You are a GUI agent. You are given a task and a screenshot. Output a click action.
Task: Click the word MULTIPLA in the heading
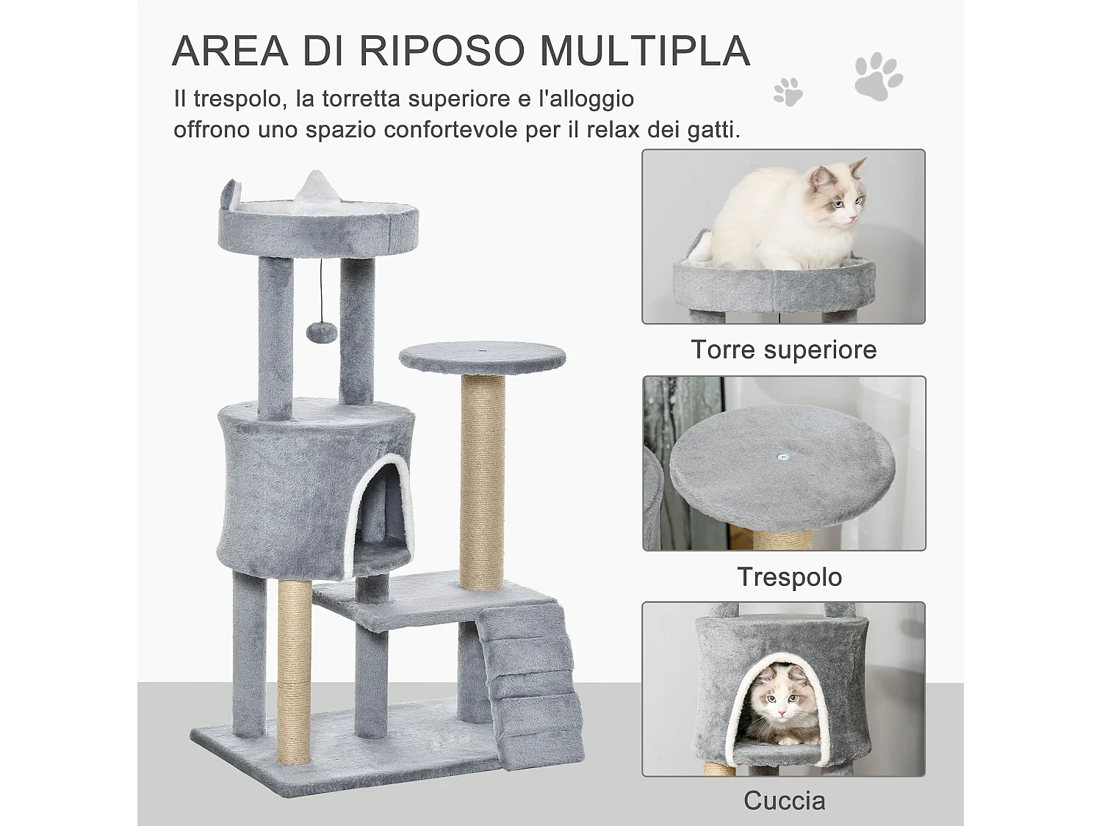[x=645, y=51]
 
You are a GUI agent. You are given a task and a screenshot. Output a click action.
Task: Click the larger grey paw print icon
[x=878, y=76]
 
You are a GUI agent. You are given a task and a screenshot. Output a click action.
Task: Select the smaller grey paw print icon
[x=788, y=92]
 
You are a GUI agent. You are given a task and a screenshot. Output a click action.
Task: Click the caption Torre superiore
[x=783, y=349]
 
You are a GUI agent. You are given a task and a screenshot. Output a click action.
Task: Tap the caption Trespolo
[x=789, y=576]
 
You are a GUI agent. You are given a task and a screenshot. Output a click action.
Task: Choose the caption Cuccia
[x=784, y=800]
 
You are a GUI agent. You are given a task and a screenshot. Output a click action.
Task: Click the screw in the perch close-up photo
[x=784, y=457]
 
